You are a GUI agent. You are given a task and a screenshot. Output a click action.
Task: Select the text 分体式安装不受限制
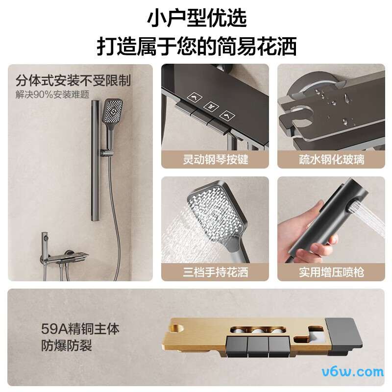73,80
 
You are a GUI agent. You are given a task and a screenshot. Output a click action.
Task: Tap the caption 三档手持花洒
215,271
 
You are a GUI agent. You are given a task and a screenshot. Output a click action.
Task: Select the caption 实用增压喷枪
331,271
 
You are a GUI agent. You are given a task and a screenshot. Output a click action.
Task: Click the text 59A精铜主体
80,328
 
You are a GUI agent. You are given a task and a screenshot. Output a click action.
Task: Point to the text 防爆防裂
67,346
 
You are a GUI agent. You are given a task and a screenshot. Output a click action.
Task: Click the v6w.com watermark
360,371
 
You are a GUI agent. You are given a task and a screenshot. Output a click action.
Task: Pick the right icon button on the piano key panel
226,115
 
